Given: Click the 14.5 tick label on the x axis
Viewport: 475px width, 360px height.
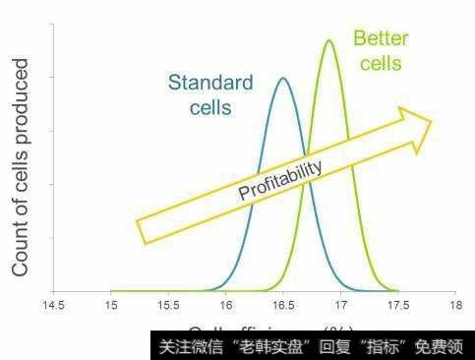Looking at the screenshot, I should click(x=54, y=307).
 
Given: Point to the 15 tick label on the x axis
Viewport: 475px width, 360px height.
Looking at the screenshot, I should click(x=111, y=307).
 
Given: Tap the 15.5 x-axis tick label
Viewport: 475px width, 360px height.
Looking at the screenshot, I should click(x=168, y=307).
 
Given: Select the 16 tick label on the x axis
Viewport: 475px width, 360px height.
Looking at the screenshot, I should click(x=225, y=307).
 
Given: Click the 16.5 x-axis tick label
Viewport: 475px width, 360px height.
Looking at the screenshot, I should click(x=283, y=307).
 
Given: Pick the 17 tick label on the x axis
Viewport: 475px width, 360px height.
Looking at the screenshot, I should click(x=340, y=307).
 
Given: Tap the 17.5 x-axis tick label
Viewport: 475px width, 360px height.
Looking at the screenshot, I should click(x=397, y=307).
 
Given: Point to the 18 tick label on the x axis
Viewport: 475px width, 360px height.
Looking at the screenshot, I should click(x=454, y=307).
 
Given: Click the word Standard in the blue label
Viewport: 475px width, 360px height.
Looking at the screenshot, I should click(x=210, y=83).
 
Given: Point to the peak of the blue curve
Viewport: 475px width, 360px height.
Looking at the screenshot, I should click(x=283, y=78).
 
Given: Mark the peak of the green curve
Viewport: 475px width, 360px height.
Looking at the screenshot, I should click(x=328, y=40).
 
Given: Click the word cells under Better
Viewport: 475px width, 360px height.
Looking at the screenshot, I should click(x=380, y=64).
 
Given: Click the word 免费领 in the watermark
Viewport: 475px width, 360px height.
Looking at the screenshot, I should click(x=442, y=346).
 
